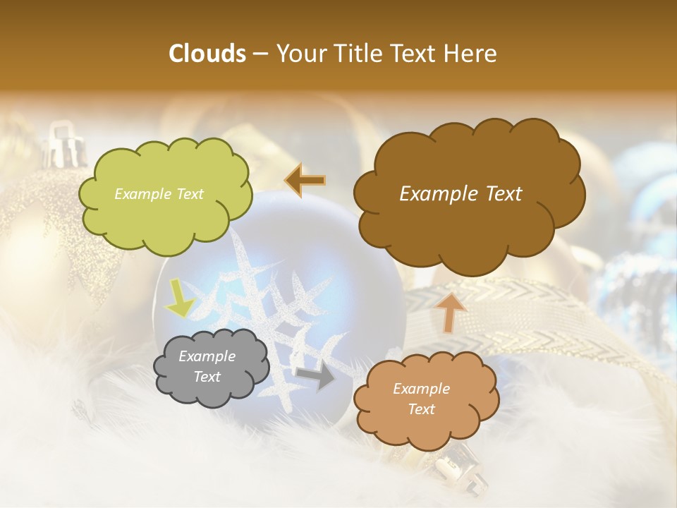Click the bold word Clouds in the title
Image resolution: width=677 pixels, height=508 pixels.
coord(207,54)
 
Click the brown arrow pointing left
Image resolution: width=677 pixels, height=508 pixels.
coord(305,181)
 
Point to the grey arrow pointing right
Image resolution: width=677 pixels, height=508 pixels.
coord(316,376)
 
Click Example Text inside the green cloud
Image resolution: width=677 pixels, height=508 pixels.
coord(159,194)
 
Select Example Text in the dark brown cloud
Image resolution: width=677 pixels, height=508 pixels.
coord(461,194)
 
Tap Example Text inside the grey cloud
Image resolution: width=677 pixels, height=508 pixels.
coord(207,367)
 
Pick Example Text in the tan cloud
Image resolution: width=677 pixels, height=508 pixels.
coord(421,399)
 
